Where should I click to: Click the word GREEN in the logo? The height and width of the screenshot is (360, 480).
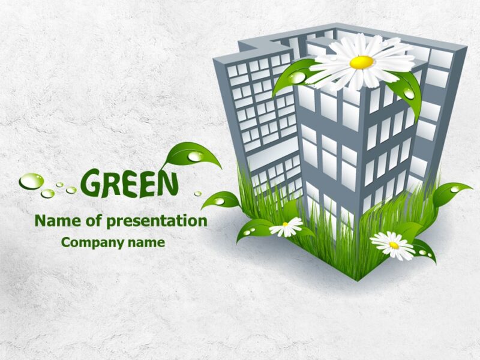pyautogui.click(x=129, y=183)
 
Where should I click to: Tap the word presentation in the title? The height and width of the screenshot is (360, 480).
pyautogui.click(x=157, y=221)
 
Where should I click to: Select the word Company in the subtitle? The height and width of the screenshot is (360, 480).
pyautogui.click(x=91, y=242)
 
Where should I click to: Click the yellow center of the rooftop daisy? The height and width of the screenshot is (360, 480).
pyautogui.click(x=361, y=62)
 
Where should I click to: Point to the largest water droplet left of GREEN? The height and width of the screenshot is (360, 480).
pyautogui.click(x=31, y=181)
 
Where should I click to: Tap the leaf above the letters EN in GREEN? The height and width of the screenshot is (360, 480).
pyautogui.click(x=191, y=155)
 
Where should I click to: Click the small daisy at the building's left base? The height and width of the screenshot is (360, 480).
pyautogui.click(x=286, y=227)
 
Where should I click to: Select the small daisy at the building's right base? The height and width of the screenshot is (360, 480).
pyautogui.click(x=393, y=244)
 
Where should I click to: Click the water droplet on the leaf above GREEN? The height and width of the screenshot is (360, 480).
pyautogui.click(x=196, y=157)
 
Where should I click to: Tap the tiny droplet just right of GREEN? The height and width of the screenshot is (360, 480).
pyautogui.click(x=197, y=193)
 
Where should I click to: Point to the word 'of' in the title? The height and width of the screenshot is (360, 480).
pyautogui.click(x=95, y=221)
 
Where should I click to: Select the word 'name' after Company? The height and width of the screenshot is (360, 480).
pyautogui.click(x=145, y=242)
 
